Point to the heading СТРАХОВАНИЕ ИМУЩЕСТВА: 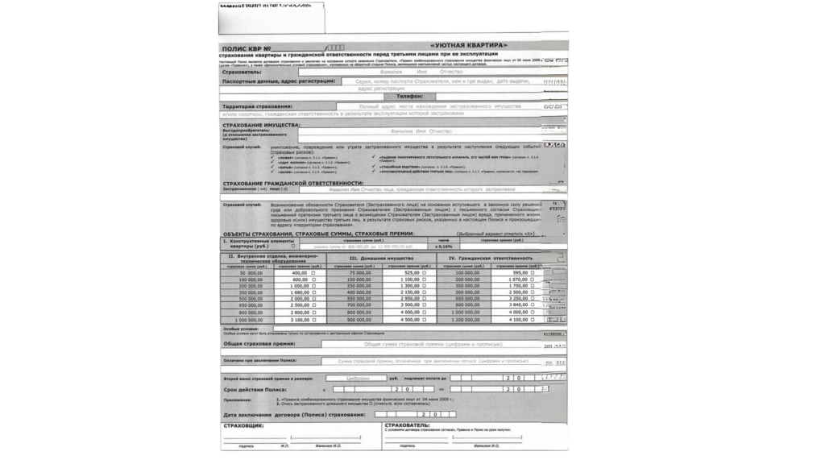coord(261,126)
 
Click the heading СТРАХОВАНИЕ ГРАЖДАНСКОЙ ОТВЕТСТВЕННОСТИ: coord(292,184)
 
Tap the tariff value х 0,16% coord(443,246)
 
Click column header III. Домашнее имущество coord(382,258)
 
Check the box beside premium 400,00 coord(313,273)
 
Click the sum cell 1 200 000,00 coord(462,320)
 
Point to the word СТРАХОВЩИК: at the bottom coord(243,425)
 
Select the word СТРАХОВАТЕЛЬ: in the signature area coord(407,425)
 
